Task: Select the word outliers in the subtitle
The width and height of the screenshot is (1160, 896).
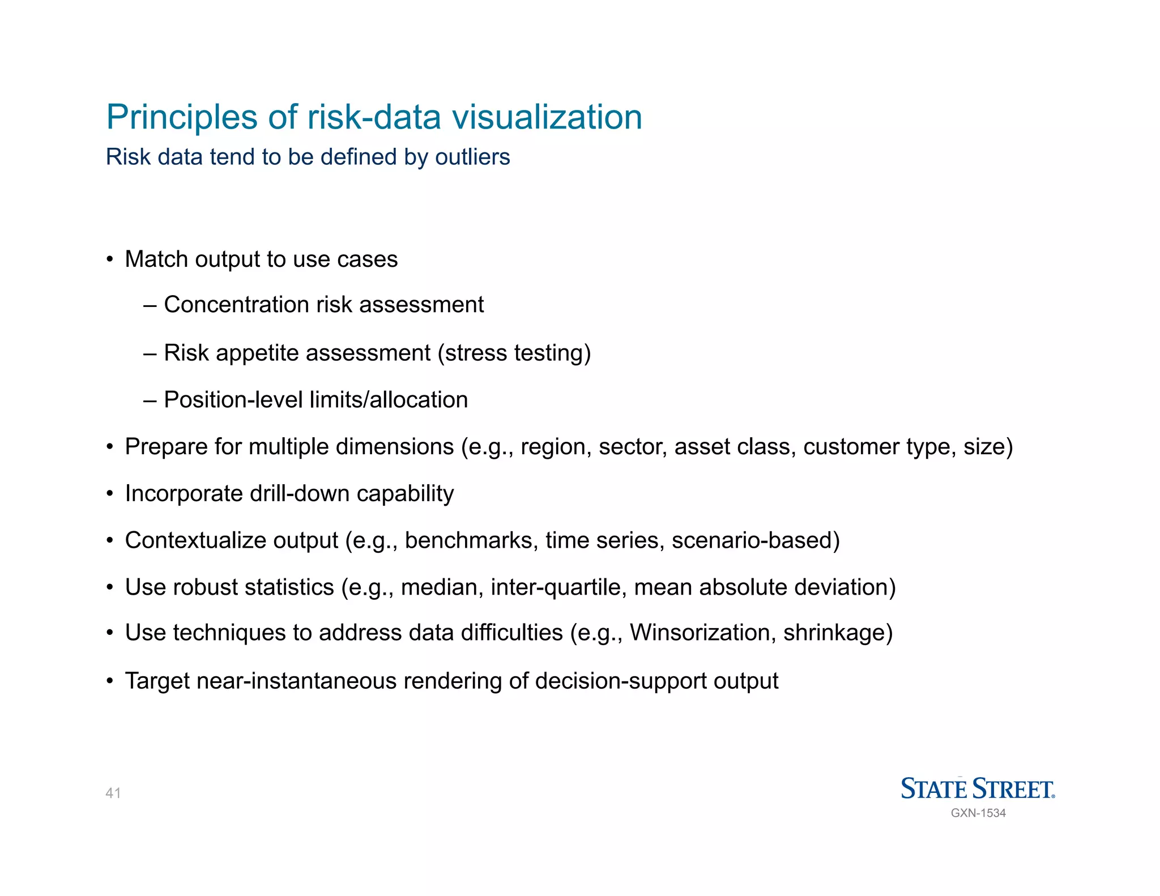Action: (x=472, y=157)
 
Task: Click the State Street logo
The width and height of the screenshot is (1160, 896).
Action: (x=978, y=788)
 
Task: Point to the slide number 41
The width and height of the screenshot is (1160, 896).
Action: (x=113, y=793)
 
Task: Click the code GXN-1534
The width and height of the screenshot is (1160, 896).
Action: (x=978, y=813)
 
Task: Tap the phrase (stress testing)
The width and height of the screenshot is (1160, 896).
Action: (x=514, y=353)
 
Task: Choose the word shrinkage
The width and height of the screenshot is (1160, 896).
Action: (x=838, y=633)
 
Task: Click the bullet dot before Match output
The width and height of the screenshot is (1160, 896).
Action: (x=110, y=260)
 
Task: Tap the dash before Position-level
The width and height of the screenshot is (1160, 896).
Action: (x=150, y=400)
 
